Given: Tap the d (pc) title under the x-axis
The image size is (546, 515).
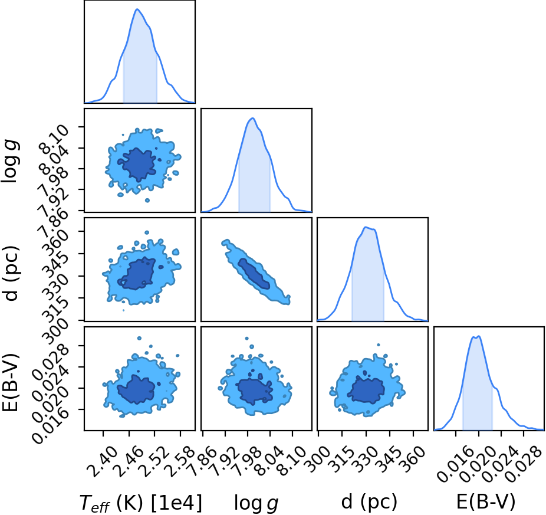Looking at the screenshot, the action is [369, 503].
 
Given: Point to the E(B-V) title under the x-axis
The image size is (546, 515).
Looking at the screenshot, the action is [486, 503].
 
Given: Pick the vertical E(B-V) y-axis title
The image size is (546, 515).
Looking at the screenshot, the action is [11, 383].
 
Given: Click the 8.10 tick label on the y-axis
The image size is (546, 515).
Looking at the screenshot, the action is [54, 141].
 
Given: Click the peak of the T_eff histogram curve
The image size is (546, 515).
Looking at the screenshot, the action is [137, 9].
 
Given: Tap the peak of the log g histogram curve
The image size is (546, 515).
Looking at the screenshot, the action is [253, 118].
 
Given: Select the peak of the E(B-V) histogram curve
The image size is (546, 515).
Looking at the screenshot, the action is [479, 336].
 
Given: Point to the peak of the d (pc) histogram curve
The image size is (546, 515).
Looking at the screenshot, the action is [366, 227].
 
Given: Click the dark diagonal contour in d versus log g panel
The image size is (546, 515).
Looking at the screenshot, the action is [254, 274].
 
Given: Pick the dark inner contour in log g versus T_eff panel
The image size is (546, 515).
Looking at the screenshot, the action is [137, 165].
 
